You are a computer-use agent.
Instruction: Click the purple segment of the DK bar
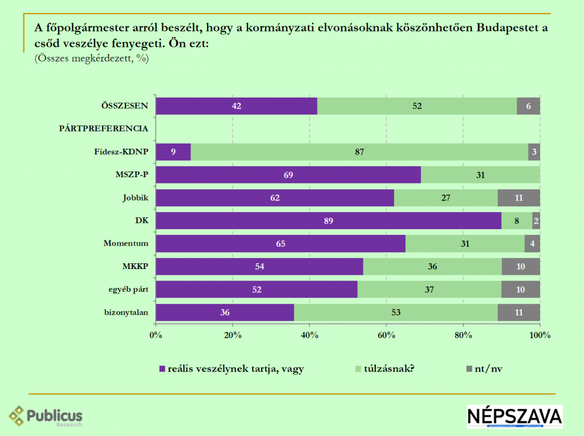pyautogui.click(x=328, y=221)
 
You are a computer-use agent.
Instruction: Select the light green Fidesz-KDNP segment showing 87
pyautogui.click(x=359, y=152)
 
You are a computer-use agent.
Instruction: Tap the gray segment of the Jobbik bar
pyautogui.click(x=519, y=198)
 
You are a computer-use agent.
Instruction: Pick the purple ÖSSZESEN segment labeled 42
pyautogui.click(x=236, y=106)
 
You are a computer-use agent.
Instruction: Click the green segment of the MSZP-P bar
pyautogui.click(x=481, y=175)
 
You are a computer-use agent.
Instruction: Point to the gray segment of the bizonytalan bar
pyautogui.click(x=519, y=312)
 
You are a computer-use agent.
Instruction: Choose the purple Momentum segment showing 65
pyautogui.click(x=281, y=243)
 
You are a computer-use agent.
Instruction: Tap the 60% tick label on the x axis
pyautogui.click(x=387, y=335)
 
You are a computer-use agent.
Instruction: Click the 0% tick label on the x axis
pyautogui.click(x=156, y=335)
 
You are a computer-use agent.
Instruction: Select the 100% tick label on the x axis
pyautogui.click(x=540, y=335)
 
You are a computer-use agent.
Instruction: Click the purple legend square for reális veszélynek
pyautogui.click(x=162, y=369)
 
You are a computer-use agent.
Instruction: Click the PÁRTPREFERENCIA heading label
pyautogui.click(x=104, y=129)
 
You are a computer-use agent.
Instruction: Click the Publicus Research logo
pyautogui.click(x=46, y=416)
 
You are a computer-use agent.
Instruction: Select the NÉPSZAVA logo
pyautogui.click(x=514, y=417)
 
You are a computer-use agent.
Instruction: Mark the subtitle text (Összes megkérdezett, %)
pyautogui.click(x=91, y=58)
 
